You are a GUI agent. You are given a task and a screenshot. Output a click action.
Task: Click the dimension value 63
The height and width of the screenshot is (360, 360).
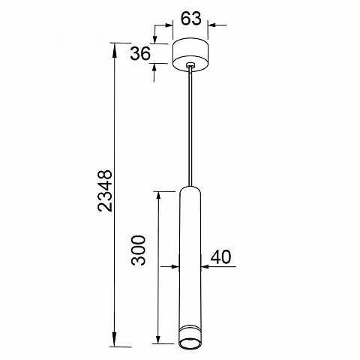pyautogui.click(x=191, y=19)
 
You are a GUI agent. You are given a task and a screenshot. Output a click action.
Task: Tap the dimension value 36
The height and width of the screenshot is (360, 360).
pyautogui.click(x=140, y=53)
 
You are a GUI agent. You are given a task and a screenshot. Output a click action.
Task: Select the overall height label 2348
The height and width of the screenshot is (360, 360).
pyautogui.click(x=105, y=191)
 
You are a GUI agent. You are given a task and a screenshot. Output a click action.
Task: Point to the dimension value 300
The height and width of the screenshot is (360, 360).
pyautogui.click(x=138, y=250)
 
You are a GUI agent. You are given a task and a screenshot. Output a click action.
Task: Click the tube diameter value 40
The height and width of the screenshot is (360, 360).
pyautogui.click(x=220, y=257)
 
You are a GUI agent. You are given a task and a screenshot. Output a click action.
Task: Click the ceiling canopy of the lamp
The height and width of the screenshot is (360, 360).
pyautogui.click(x=190, y=55)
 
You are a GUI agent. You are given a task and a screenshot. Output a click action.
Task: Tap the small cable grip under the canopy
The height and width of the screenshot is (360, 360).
pyautogui.click(x=190, y=65)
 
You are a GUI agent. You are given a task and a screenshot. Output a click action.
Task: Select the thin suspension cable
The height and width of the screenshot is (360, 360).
pyautogui.click(x=190, y=127)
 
